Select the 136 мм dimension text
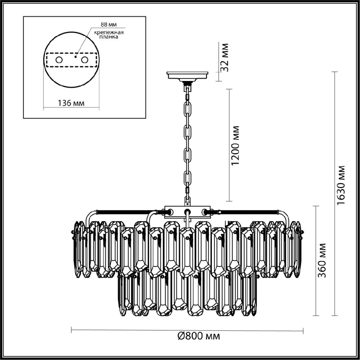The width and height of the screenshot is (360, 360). (x=71, y=103)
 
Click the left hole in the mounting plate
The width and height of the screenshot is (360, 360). (x=58, y=60)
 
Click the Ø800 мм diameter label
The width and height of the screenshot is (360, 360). (x=198, y=336)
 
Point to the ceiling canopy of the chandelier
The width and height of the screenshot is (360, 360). (x=188, y=75)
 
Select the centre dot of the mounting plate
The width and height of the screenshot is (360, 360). (x=76, y=56)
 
